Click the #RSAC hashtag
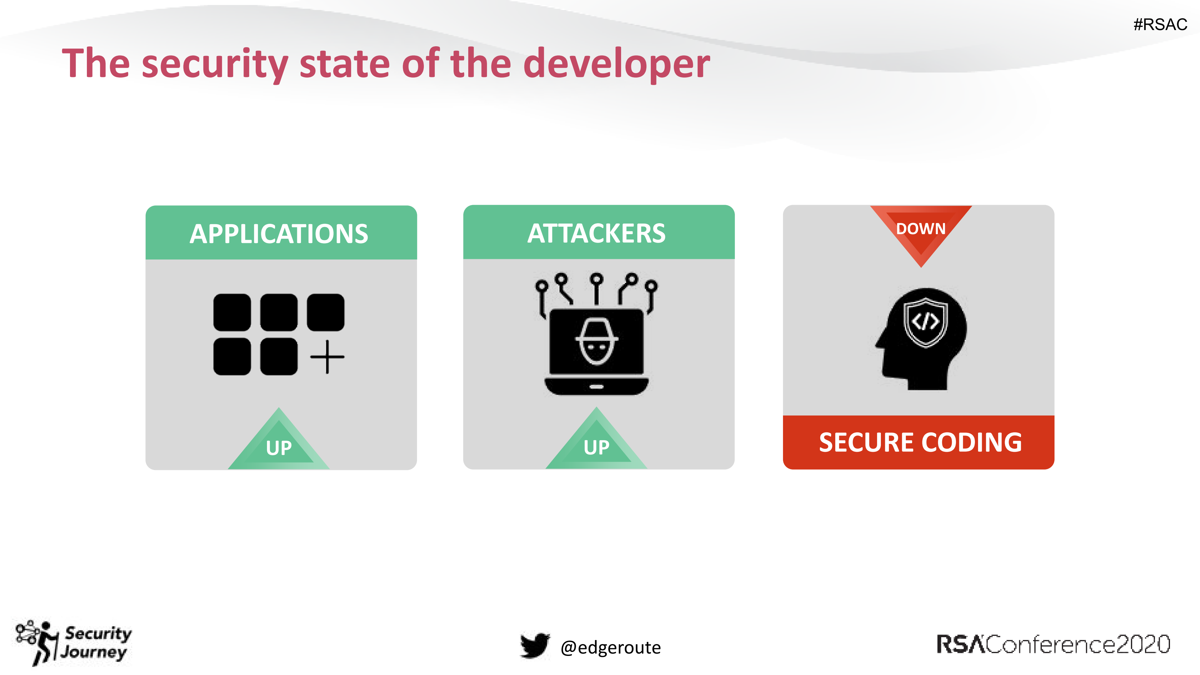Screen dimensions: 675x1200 click(x=1160, y=24)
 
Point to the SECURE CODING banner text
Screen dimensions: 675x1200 click(x=920, y=442)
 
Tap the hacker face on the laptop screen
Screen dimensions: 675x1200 click(x=596, y=342)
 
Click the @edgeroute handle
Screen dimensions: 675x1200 click(x=610, y=647)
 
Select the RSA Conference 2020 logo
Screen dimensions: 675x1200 click(x=1053, y=645)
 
